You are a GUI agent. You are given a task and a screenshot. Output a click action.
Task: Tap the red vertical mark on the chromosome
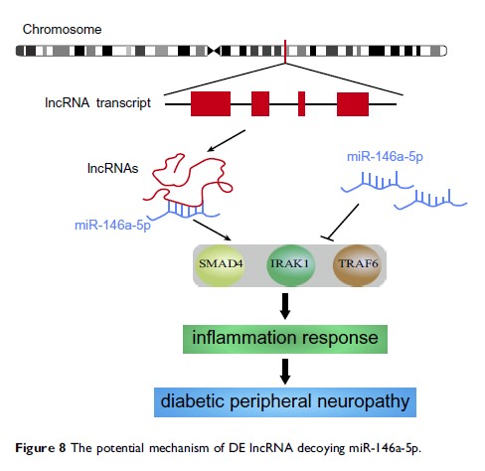286,49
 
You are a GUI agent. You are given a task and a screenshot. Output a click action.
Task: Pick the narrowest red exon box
301,101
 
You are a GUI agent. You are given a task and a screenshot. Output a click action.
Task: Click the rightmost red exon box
353,101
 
